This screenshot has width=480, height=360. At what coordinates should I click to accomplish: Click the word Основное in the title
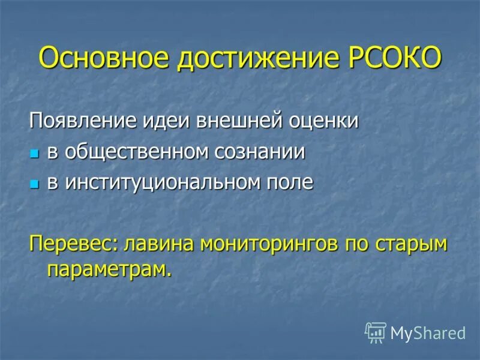tap(106, 58)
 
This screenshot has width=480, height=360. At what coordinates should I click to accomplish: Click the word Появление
tap(84, 121)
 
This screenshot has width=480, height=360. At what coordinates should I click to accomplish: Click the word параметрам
tap(109, 269)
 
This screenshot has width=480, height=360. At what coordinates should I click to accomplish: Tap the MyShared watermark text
tap(428, 332)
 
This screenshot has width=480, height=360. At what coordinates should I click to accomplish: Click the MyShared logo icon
tap(375, 332)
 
